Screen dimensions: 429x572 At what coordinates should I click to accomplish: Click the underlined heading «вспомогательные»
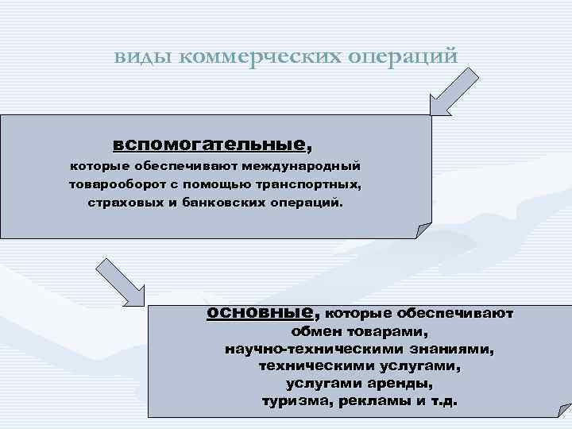208,145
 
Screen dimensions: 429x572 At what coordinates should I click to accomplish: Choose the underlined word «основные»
261,312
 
